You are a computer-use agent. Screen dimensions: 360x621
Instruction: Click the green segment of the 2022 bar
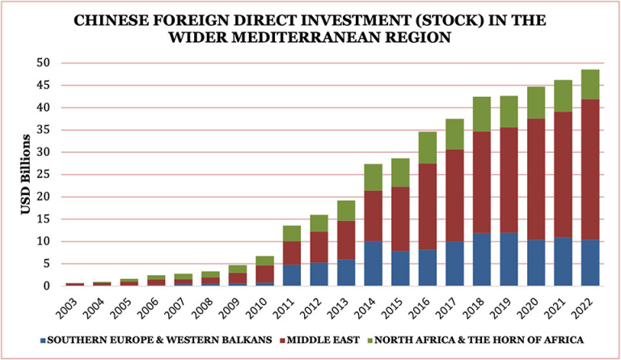(x=590, y=85)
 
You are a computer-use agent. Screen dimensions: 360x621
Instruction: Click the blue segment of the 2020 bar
(x=536, y=263)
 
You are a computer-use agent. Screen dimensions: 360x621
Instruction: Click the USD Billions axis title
(x=25, y=175)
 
